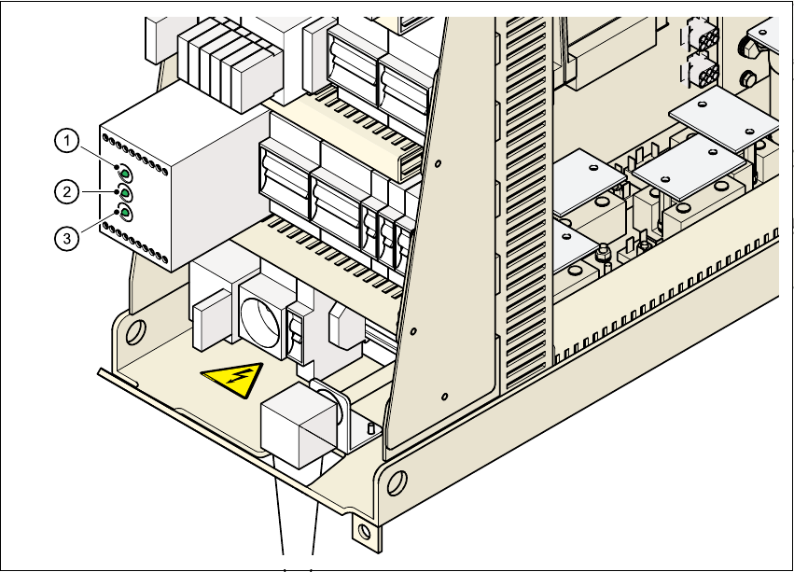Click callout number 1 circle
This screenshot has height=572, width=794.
tap(65, 142)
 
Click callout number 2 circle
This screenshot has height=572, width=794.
tap(65, 192)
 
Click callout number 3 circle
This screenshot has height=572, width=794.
tap(65, 239)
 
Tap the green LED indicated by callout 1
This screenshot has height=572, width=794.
tap(124, 172)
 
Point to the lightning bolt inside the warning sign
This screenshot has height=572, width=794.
tap(236, 381)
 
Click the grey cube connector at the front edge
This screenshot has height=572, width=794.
tap(297, 427)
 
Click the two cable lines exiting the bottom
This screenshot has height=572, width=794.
tap(297, 523)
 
